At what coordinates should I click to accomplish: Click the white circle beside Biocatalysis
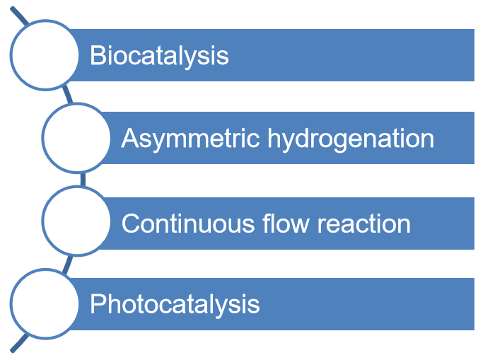coord(45,55)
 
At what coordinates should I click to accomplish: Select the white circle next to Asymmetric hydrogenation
coord(76,138)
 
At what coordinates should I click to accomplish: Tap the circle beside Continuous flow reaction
coord(76,221)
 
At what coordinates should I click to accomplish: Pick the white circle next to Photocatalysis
coord(45,303)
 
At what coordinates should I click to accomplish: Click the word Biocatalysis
coord(159,57)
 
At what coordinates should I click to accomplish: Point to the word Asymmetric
coord(190,139)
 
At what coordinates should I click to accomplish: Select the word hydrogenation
coord(351,139)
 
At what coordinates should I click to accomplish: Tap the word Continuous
coord(188,223)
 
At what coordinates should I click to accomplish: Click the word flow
coord(286,223)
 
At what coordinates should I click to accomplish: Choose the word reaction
coord(364,224)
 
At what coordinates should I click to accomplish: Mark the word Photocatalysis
coord(175,305)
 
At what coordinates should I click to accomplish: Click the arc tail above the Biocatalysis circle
coord(19,16)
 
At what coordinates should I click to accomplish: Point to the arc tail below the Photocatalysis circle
coord(19,344)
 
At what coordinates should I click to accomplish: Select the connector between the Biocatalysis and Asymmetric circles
coord(68,95)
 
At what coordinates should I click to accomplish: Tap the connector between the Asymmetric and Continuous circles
coord(83,180)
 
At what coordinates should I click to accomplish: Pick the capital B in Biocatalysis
coord(97,55)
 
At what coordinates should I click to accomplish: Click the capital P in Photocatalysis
coord(97,304)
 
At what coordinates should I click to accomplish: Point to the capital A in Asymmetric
coord(130,138)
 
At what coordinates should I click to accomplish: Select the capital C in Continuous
coord(131,223)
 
